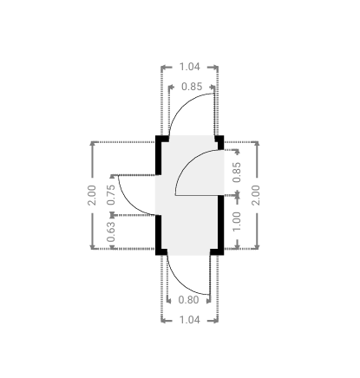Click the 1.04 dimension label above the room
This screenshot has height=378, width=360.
[x=190, y=67]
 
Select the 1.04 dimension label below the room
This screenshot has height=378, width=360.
[x=190, y=320]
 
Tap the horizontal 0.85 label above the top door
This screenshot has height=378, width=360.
[x=192, y=87]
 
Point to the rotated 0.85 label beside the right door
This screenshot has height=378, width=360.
[x=237, y=173]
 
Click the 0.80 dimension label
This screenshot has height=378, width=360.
[x=188, y=300]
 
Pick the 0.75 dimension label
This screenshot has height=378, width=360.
[x=111, y=195]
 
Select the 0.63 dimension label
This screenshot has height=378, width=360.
[x=111, y=231]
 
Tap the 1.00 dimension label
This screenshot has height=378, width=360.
[x=237, y=221]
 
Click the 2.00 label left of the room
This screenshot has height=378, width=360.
[x=92, y=195]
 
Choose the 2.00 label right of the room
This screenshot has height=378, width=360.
[x=256, y=195]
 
